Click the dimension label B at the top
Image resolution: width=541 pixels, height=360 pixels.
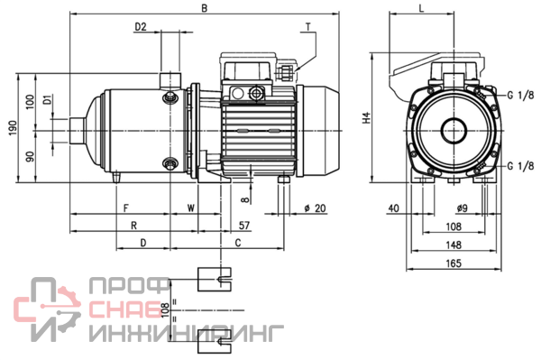(x=205, y=8)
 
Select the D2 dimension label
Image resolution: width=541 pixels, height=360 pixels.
(x=141, y=27)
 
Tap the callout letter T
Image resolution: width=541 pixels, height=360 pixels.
(x=307, y=26)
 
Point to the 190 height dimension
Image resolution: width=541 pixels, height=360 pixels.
(x=13, y=128)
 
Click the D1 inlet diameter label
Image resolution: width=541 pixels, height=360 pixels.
(x=48, y=99)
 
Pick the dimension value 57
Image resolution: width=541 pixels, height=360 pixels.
(x=244, y=226)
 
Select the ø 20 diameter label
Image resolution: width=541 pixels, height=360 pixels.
(x=315, y=208)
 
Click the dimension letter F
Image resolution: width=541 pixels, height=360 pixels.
(x=126, y=208)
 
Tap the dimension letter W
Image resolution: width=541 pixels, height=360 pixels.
(x=191, y=208)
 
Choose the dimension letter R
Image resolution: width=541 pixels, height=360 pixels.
(x=133, y=226)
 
